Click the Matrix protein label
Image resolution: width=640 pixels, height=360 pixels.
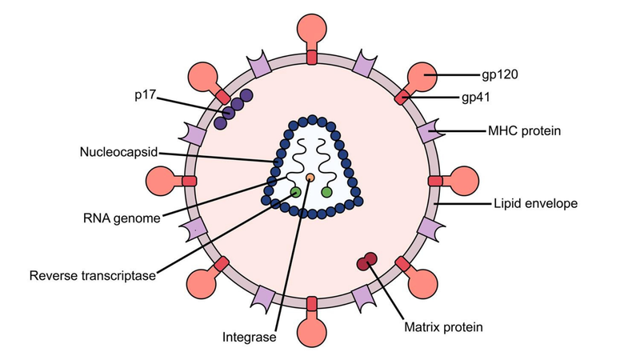click(443, 326)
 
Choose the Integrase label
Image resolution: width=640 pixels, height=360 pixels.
click(249, 338)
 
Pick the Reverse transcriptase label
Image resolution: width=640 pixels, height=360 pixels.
click(92, 277)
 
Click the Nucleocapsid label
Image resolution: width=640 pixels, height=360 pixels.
click(118, 151)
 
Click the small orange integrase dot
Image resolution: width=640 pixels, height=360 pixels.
click(310, 177)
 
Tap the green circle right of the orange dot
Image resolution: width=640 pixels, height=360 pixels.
click(326, 192)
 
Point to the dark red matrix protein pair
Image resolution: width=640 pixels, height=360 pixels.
click(367, 261)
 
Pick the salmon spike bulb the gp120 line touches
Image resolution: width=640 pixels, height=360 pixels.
click(424, 77)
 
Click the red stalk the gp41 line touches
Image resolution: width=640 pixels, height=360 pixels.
click(403, 97)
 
